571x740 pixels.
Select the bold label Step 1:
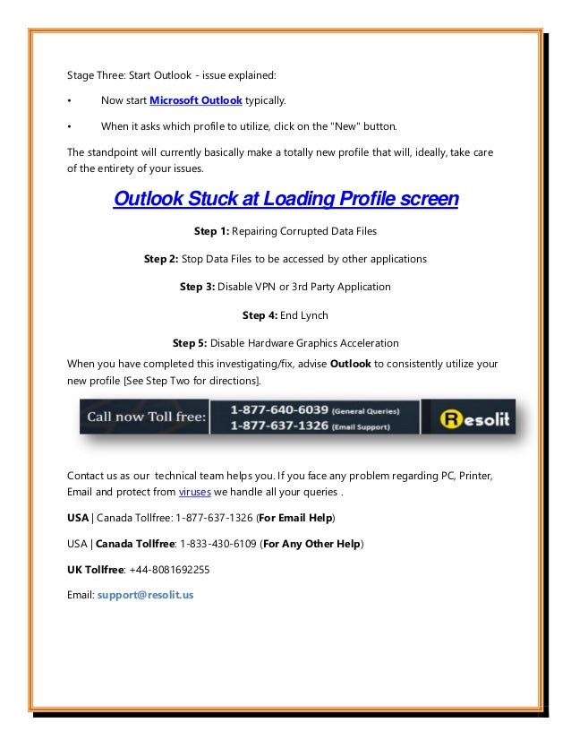pyautogui.click(x=211, y=232)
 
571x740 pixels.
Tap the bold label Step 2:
pyautogui.click(x=161, y=260)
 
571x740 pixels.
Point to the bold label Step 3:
pyautogui.click(x=197, y=288)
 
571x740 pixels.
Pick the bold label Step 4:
pyautogui.click(x=260, y=315)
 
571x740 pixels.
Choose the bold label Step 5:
pyautogui.click(x=190, y=343)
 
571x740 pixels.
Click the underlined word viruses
pyautogui.click(x=195, y=492)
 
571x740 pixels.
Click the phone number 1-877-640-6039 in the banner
pyautogui.click(x=281, y=409)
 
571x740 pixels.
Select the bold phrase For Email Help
pyautogui.click(x=296, y=518)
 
